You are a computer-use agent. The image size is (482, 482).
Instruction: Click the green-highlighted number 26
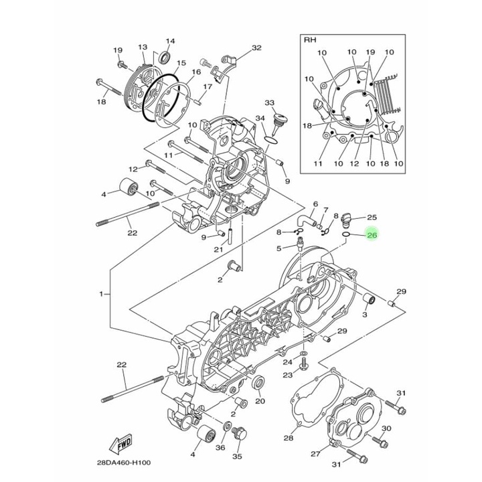[x=372, y=235]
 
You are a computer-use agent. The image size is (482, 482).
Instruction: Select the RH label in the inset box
[x=310, y=40]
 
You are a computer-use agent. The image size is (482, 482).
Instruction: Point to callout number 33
[x=270, y=103]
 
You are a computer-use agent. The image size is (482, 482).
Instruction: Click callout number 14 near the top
[x=170, y=41]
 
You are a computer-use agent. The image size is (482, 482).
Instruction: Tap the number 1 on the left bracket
[x=102, y=295]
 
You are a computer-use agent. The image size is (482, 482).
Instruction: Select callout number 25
[x=372, y=218]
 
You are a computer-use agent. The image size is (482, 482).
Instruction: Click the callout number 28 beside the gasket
[x=289, y=438]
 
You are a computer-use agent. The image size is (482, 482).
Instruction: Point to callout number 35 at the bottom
[x=236, y=457]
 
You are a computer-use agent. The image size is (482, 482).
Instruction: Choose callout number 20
[x=260, y=402]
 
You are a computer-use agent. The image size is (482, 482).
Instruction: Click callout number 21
[x=218, y=250]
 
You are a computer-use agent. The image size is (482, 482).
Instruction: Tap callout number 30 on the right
[x=386, y=428]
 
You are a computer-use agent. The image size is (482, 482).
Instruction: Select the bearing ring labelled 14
[x=164, y=56]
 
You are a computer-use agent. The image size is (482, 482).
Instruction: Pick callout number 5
[x=279, y=249]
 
